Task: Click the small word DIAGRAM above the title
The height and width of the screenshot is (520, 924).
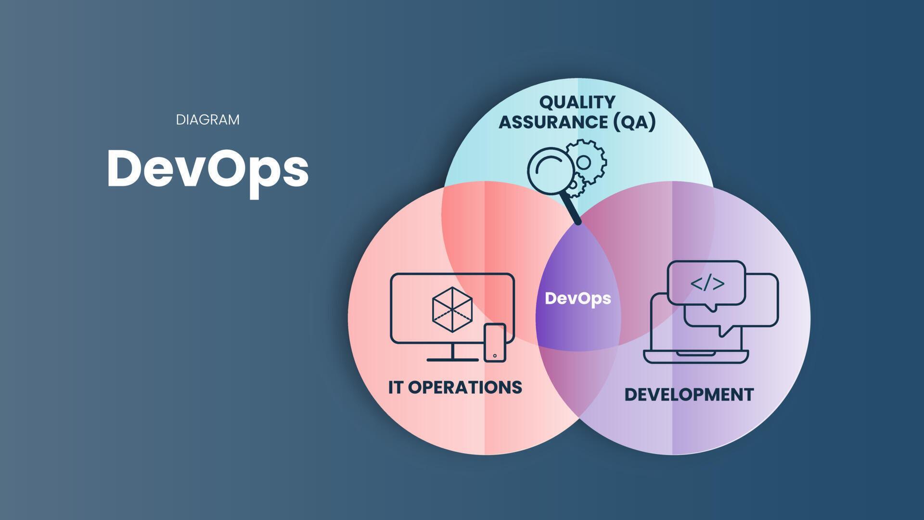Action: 207,120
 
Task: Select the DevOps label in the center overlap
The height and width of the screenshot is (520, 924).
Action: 578,299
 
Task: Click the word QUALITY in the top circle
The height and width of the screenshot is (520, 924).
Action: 577,102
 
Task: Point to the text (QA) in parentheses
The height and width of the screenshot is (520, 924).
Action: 634,122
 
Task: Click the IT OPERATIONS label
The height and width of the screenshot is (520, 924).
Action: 455,387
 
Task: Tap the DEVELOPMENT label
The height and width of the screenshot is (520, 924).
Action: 689,395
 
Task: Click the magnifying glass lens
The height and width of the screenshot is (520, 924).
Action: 549,171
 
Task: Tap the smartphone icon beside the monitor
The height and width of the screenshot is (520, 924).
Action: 495,342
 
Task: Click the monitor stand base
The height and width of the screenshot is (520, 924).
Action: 453,359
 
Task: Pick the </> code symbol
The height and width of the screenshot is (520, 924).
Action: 707,284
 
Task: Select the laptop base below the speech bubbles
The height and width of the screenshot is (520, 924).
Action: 696,356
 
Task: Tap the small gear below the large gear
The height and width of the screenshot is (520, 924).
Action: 576,185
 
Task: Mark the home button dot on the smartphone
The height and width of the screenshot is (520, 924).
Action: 495,356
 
